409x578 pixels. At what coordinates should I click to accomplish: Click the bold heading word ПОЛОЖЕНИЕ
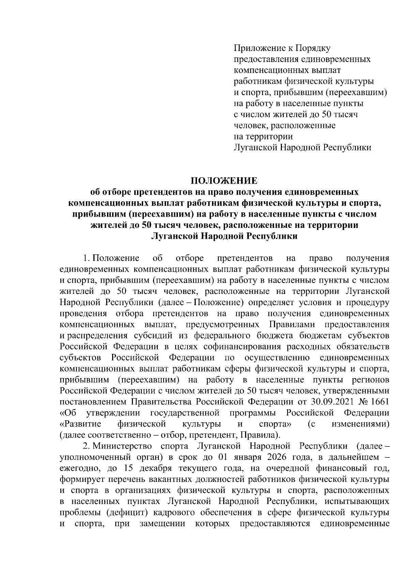pos(224,181)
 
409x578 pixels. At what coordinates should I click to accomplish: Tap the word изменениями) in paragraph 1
pos(360,424)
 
